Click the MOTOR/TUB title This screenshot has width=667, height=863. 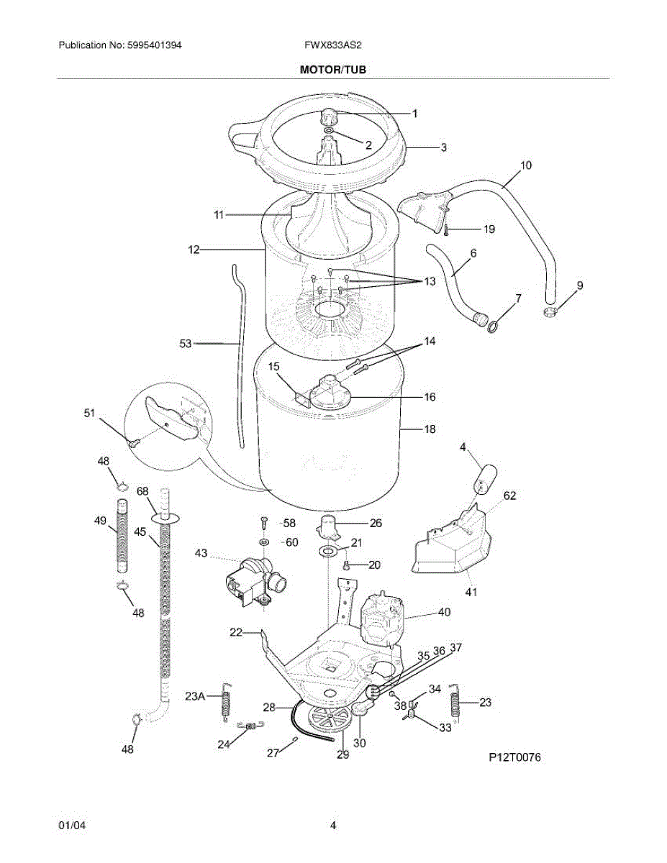(x=333, y=69)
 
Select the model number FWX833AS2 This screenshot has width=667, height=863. (x=333, y=45)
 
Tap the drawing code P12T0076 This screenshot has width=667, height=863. (x=514, y=757)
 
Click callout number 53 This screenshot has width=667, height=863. (x=186, y=344)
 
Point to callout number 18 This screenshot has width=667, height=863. (x=430, y=429)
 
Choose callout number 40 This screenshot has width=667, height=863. (x=444, y=613)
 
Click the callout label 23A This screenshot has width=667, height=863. (x=195, y=695)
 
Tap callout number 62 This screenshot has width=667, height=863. (x=509, y=496)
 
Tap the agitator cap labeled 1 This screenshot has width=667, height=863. (x=329, y=117)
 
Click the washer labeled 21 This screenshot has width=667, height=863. (x=328, y=552)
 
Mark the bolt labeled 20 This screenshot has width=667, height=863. (x=346, y=565)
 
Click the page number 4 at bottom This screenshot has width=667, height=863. (x=333, y=826)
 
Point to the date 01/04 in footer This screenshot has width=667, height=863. (x=69, y=826)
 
